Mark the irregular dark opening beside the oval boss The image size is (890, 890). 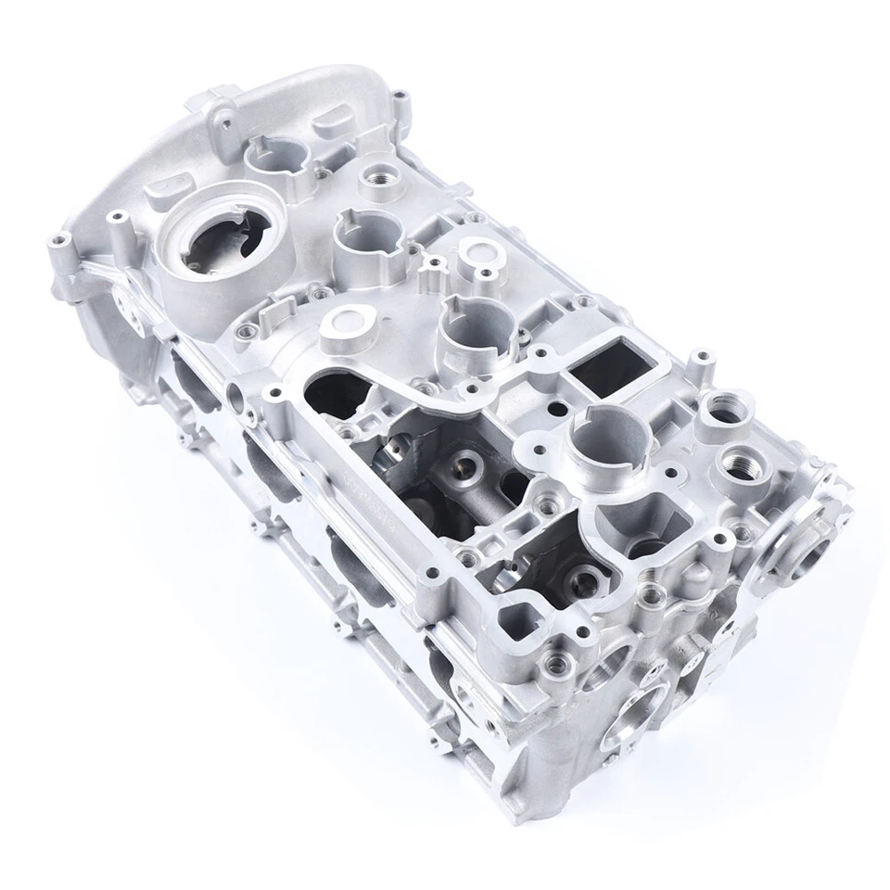click(x=336, y=388)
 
